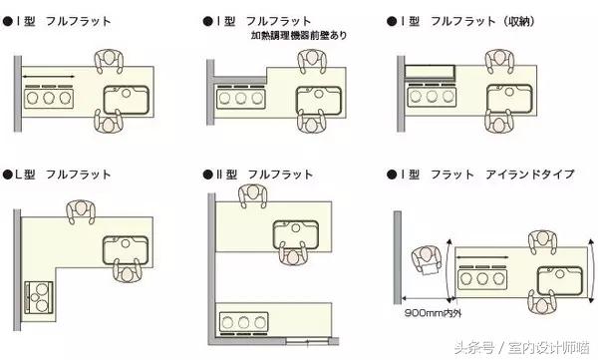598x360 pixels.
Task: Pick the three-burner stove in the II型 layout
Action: (243, 321)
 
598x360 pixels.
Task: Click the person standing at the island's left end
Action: (426, 261)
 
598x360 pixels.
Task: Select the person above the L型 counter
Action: (79, 212)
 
